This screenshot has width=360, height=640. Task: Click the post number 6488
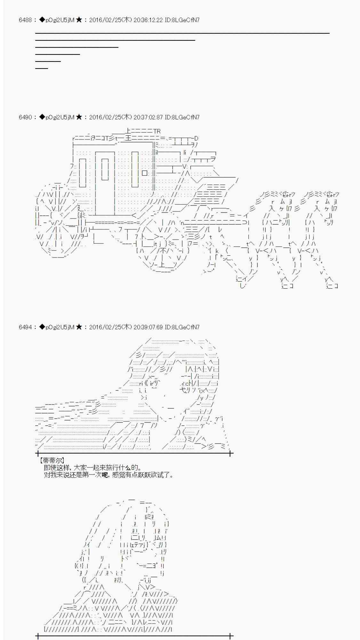25,20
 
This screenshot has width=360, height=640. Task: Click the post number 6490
25,117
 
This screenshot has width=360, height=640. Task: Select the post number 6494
25,327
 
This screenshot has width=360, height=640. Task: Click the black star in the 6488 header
79,20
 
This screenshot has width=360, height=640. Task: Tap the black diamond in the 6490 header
42,117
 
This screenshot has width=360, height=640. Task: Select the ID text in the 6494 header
182,327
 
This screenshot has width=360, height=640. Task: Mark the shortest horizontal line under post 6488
42,68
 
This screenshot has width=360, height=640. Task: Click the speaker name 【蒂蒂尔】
52,460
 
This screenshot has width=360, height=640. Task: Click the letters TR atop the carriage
157,131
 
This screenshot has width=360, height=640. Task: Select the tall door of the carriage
105,182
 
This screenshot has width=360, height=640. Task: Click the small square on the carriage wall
145,173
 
